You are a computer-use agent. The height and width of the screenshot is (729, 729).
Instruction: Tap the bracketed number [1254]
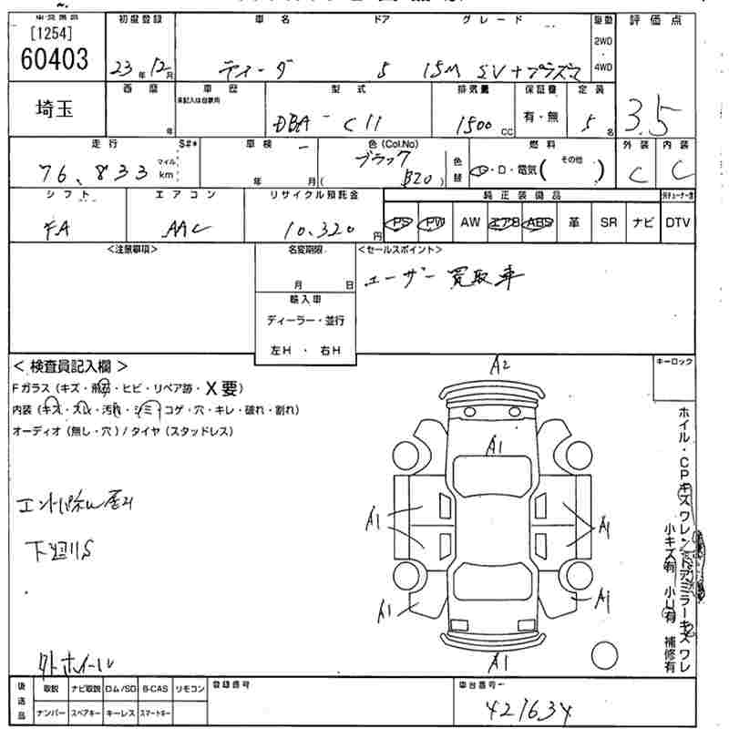click(54, 35)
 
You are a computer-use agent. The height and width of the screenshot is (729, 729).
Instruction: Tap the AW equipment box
click(470, 222)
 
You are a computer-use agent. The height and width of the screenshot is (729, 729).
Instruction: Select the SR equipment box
click(608, 222)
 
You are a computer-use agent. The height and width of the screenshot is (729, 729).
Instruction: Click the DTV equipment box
click(678, 222)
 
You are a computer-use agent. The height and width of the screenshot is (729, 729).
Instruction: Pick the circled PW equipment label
click(436, 222)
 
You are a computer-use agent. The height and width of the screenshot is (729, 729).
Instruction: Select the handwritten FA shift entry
click(64, 230)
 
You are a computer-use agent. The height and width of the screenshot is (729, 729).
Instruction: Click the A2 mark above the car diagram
click(498, 366)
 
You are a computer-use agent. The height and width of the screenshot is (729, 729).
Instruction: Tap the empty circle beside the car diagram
click(604, 655)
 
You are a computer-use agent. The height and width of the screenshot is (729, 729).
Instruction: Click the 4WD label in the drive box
click(603, 67)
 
